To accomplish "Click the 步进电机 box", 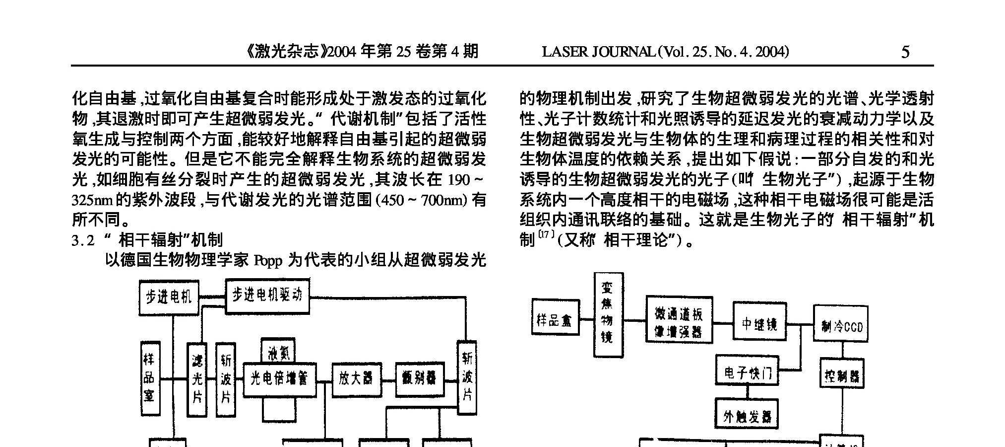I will click(169, 298).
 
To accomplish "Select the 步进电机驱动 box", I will click(267, 296).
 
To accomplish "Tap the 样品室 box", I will click(150, 378).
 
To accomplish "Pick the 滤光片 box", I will click(197, 379).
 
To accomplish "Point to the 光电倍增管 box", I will click(279, 379).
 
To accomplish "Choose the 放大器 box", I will click(353, 379).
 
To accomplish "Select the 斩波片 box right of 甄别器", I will click(466, 377).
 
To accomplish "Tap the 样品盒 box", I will click(556, 317).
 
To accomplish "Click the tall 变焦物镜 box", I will click(608, 314).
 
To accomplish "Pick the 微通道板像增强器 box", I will click(679, 320).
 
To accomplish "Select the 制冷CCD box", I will click(840, 323).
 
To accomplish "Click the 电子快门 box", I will click(747, 370).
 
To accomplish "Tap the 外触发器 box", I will click(747, 414).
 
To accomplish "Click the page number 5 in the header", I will click(905, 52).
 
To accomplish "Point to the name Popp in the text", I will click(268, 260).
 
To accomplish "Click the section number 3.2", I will click(83, 241).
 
